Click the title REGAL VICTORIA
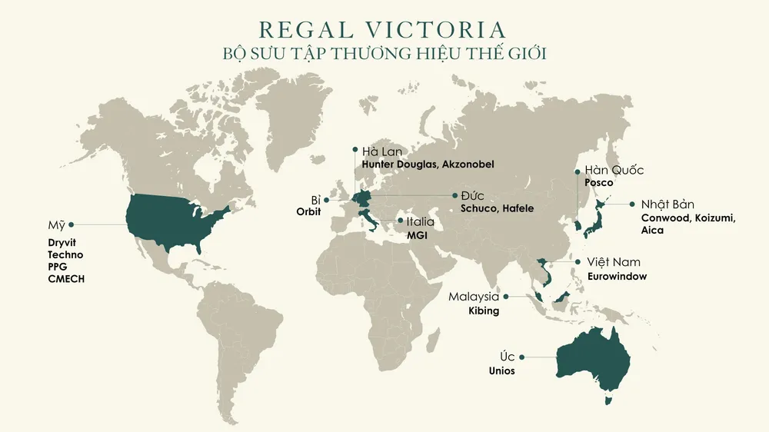tap(383, 30)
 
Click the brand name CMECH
tap(66, 279)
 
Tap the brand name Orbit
tap(308, 211)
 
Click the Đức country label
tap(472, 195)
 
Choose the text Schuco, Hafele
tap(497, 208)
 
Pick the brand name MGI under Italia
tap(416, 234)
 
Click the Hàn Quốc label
tap(614, 170)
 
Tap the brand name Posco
tap(598, 183)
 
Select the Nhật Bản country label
tap(667, 204)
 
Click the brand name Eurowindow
tap(617, 276)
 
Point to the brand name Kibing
tap(484, 311)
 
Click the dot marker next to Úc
tap(522, 357)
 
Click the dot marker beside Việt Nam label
tap(578, 262)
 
